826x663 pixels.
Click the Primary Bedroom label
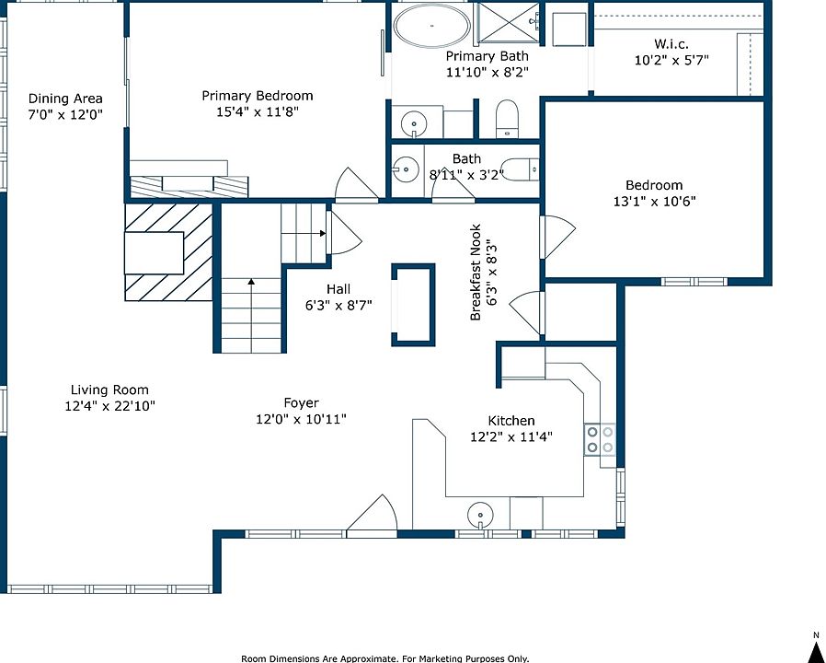(257, 96)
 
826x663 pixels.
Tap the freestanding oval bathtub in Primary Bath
(432, 26)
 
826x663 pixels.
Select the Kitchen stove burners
(600, 439)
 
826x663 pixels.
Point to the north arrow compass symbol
(816, 646)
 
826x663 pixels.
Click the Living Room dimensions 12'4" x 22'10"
(110, 406)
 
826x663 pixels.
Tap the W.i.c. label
(671, 44)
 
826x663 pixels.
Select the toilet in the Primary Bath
(508, 119)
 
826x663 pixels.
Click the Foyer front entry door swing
(372, 516)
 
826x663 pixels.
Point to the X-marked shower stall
(506, 22)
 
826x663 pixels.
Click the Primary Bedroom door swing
(357, 184)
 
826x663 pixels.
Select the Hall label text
(338, 289)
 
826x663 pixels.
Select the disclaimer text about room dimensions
(385, 658)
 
